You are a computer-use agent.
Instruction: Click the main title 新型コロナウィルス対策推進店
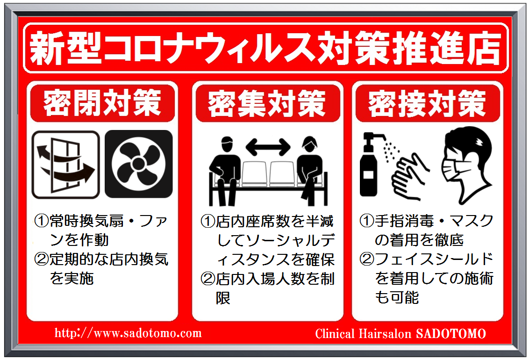265,48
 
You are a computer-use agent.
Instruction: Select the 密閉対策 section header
102,102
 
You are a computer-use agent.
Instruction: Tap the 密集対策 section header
267,103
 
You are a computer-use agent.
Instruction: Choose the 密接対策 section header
427,103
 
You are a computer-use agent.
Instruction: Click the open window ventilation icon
65,165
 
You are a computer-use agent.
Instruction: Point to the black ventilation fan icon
139,164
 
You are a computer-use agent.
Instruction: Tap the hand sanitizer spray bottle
372,165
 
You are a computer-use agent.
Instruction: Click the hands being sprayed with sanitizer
410,176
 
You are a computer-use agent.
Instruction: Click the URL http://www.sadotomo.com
128,333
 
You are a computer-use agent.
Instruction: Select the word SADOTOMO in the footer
451,334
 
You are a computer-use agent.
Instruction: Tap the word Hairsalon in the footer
385,334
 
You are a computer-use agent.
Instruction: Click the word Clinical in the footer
335,334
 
